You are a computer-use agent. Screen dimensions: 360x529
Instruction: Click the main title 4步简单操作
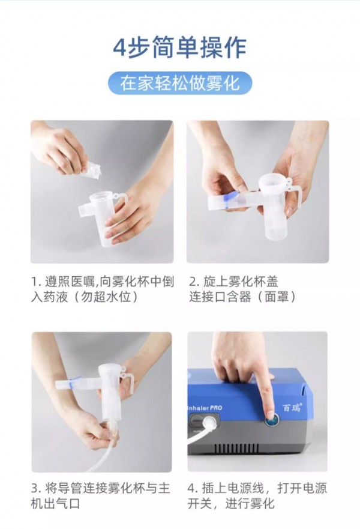(179, 48)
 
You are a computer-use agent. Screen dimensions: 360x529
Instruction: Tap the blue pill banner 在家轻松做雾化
(180, 83)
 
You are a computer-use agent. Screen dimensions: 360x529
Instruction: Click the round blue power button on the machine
(272, 420)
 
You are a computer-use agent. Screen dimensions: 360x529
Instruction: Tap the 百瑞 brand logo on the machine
(291, 407)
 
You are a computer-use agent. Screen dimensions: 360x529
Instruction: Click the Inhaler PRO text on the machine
(205, 408)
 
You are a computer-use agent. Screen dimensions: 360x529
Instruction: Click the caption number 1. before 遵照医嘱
(36, 282)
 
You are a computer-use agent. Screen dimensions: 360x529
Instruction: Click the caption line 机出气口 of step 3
(56, 504)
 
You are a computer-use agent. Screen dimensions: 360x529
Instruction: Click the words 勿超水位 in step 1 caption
(106, 297)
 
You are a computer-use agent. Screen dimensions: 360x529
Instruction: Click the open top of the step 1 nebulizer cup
(100, 196)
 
